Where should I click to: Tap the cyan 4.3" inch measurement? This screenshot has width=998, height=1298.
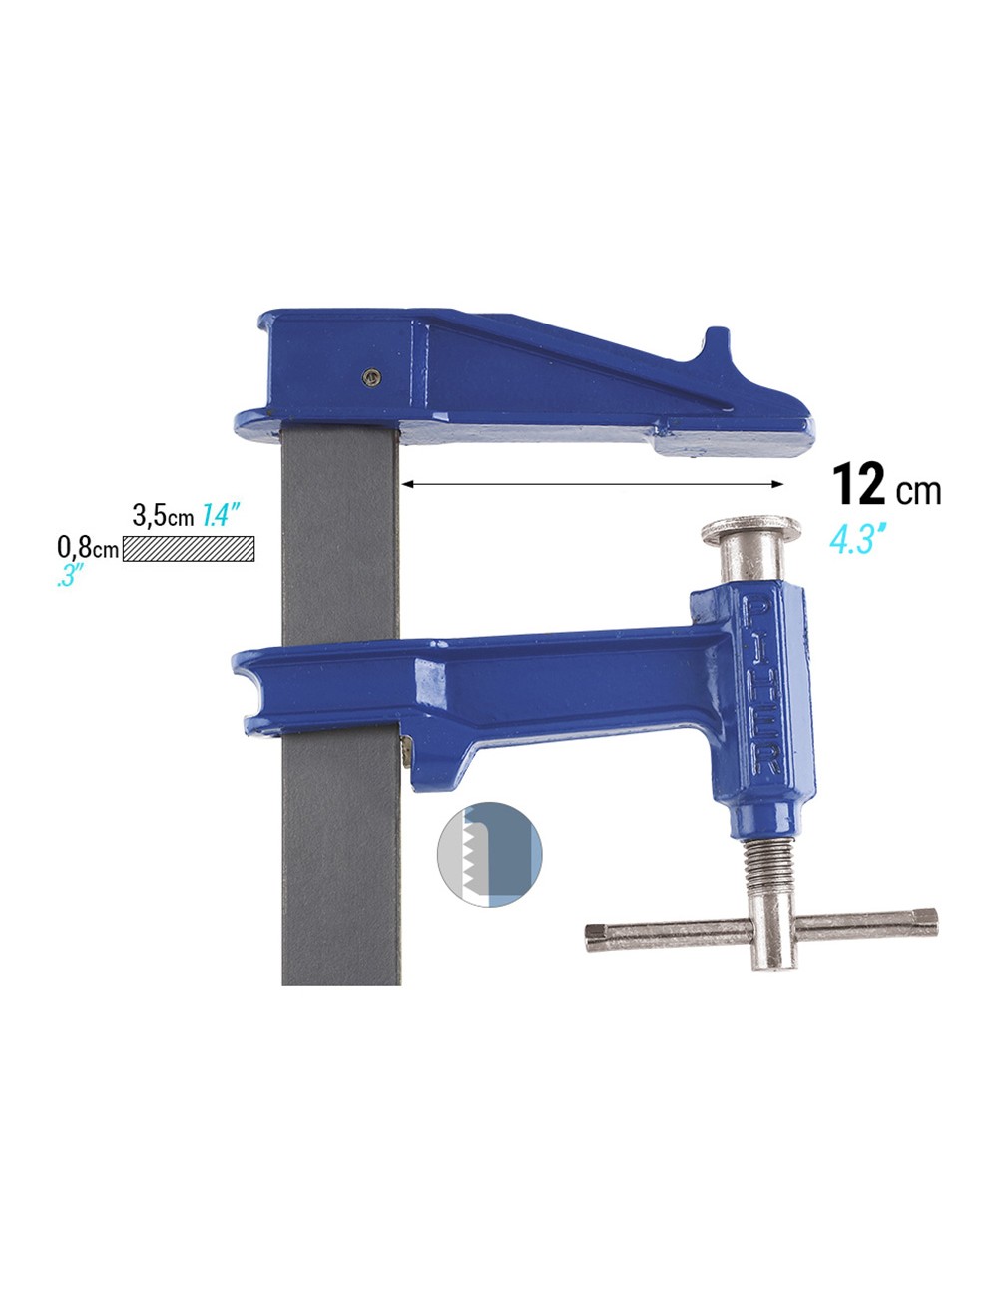pos(857,539)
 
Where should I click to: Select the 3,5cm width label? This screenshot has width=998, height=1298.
pos(163,517)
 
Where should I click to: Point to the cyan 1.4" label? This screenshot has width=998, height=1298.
pos(221,516)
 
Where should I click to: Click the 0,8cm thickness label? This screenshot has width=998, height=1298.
pos(89,547)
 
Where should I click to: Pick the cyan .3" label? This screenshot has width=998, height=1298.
pos(70,576)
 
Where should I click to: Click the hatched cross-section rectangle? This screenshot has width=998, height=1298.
pos(188,549)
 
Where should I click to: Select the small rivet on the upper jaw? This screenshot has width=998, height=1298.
pos(372,376)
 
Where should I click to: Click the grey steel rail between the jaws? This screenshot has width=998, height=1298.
pos(340,539)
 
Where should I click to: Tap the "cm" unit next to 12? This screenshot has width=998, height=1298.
pos(918,490)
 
